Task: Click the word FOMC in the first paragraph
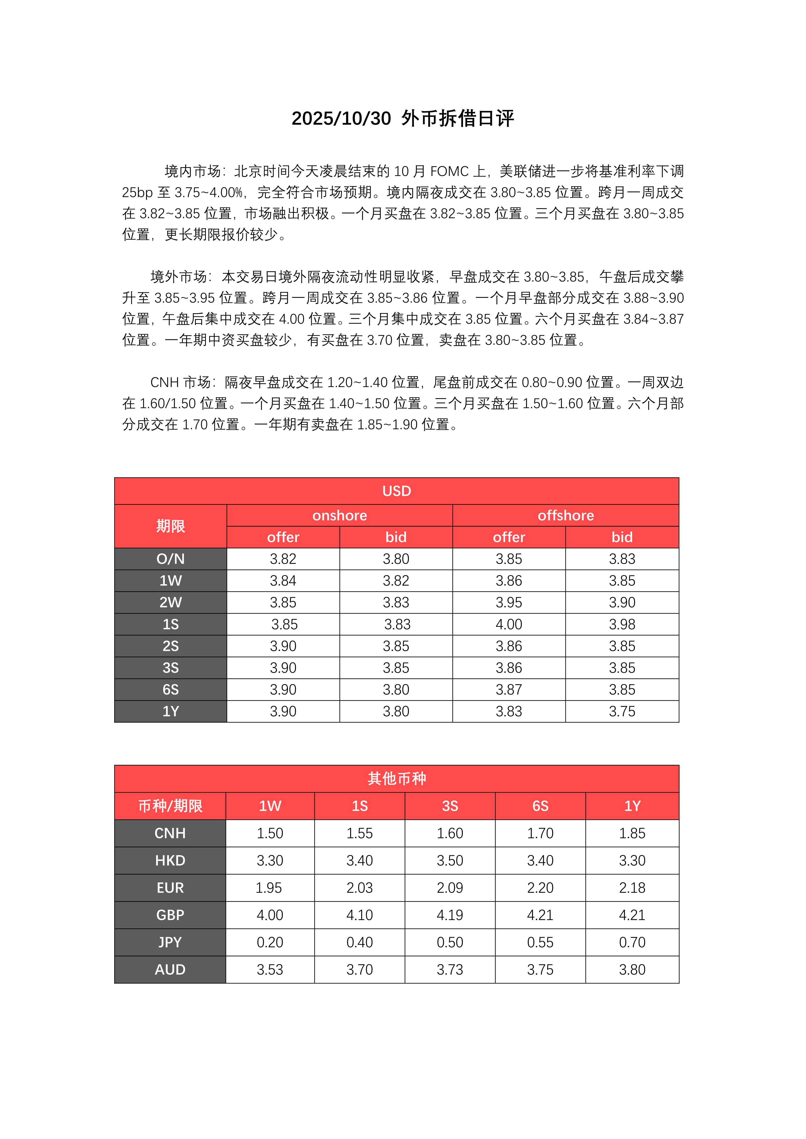coord(449,172)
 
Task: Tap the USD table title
coord(397,491)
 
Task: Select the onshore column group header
coord(339,515)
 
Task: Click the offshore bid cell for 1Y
coord(622,711)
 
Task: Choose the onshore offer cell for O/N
coord(283,559)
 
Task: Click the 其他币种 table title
coord(397,778)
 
